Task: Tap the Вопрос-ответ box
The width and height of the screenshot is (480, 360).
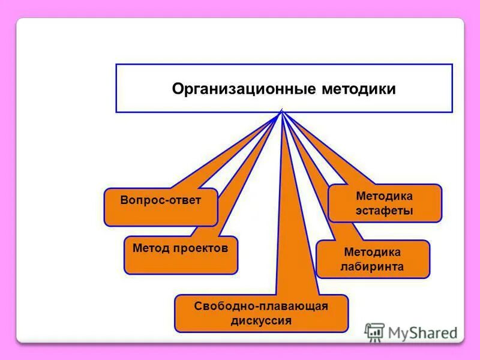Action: [160, 207]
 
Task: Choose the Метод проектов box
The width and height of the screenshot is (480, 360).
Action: [181, 254]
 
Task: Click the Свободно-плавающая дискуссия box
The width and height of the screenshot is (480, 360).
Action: [261, 313]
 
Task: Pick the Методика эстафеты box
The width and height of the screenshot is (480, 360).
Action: [385, 203]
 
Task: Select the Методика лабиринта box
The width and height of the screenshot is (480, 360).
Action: [373, 259]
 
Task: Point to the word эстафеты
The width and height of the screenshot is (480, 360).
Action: [385, 211]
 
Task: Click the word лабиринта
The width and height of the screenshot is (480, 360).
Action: [373, 267]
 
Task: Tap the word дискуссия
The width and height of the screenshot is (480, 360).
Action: [261, 321]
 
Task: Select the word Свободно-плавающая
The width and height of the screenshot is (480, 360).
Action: [261, 306]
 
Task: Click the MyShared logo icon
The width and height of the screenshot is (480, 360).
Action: [374, 332]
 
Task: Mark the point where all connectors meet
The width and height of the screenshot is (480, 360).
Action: [280, 113]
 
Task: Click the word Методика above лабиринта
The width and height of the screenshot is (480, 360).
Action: [373, 252]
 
